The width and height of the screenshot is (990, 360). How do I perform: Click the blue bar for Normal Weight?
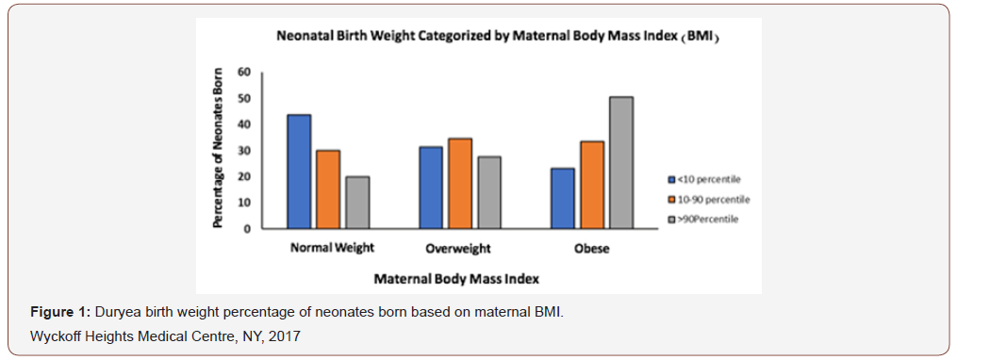tap(299, 172)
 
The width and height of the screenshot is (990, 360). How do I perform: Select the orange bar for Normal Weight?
tap(328, 189)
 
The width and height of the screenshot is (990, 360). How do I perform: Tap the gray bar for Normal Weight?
tap(357, 203)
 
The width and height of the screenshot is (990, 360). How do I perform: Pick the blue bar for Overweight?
tap(431, 188)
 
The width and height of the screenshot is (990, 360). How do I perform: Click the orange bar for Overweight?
tap(460, 184)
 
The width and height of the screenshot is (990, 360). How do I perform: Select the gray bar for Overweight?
tap(489, 193)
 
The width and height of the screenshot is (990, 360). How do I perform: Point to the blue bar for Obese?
tap(563, 199)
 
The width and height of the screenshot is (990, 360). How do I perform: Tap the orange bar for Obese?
tap(592, 185)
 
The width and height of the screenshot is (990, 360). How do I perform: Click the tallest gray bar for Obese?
tap(621, 162)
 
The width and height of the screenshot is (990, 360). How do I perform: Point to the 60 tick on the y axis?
tap(244, 72)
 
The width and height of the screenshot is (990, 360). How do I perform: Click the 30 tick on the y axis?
tap(244, 151)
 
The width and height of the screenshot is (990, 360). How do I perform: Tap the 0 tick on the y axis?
tap(247, 229)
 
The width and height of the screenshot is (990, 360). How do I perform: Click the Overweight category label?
tap(459, 249)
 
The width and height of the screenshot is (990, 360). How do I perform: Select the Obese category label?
tap(591, 249)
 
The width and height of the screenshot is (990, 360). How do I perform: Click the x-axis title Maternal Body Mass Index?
tap(456, 279)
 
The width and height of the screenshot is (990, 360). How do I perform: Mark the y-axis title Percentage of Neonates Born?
tap(218, 148)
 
